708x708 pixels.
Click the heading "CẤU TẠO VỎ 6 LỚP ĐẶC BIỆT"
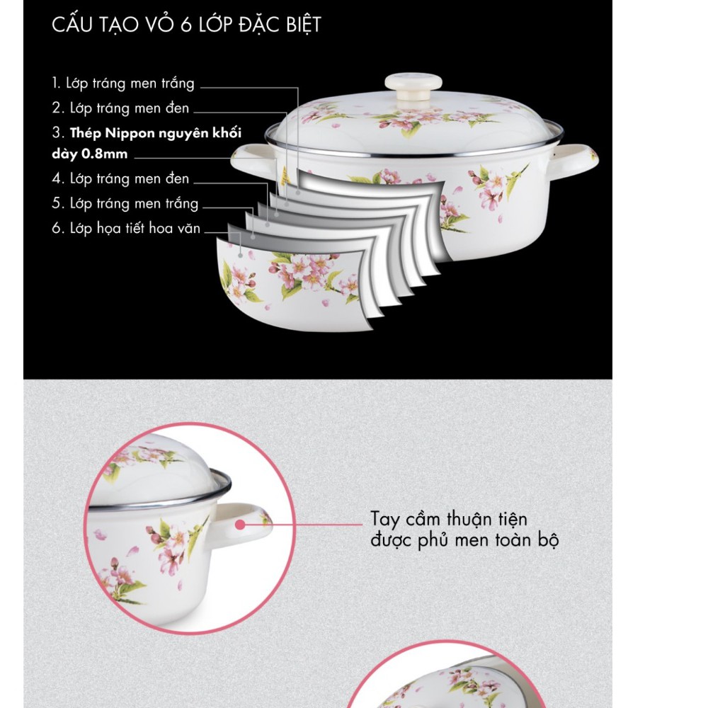186,24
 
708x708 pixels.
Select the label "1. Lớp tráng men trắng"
122,84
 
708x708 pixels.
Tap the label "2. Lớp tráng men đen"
120,108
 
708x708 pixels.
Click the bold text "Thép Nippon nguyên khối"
156,133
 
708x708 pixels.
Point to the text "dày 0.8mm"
90,154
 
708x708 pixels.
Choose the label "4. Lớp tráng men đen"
120,178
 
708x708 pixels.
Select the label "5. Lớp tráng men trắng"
125,203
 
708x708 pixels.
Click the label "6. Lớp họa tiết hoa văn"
126,228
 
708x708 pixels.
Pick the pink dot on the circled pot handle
240,524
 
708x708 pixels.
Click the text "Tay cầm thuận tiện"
449,519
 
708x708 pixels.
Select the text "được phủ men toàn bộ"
464,540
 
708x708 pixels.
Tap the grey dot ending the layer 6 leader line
241,256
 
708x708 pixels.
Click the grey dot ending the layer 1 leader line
298,193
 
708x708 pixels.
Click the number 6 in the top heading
186,25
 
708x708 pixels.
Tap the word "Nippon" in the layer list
129,133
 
